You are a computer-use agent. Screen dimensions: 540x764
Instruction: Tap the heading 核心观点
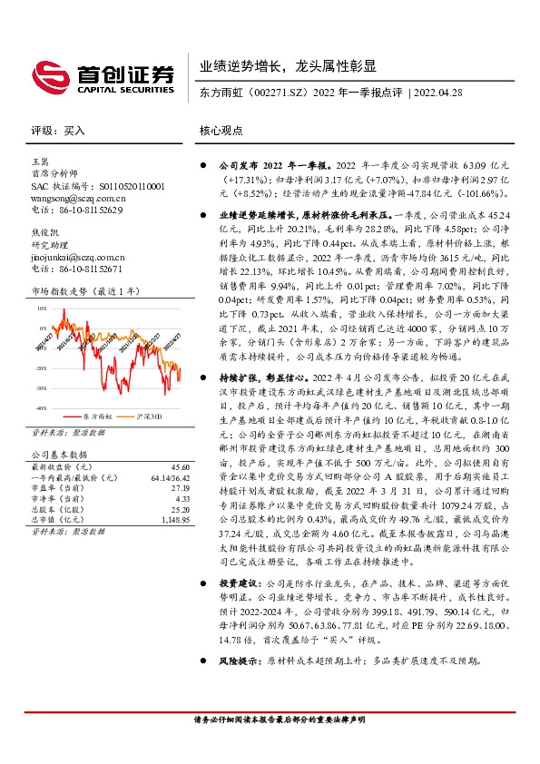point(221,130)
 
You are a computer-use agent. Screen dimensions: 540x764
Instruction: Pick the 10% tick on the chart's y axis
point(41,309)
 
